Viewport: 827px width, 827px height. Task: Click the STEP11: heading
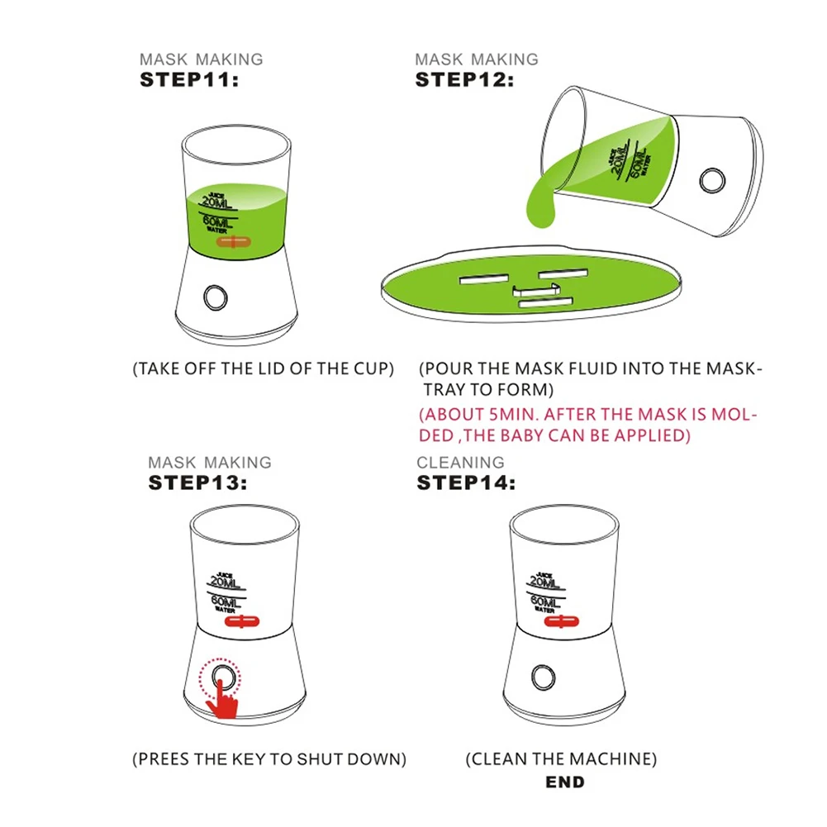189,80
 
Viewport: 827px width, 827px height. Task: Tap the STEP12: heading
464,80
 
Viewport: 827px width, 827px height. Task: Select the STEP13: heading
197,482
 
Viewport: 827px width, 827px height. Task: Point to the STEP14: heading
466,482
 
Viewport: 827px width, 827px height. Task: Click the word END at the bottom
565,782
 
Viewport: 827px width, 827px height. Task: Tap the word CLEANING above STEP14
460,463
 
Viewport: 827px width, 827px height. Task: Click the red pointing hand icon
224,700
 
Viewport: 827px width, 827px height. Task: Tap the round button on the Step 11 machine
215,298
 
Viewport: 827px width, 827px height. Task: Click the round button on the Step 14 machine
544,677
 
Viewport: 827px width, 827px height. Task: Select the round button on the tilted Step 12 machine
712,181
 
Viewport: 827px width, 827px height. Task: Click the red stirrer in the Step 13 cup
242,621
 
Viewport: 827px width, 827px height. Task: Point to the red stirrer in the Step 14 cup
561,621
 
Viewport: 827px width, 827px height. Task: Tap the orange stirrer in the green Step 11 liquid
234,242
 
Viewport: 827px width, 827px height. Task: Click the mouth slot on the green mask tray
546,302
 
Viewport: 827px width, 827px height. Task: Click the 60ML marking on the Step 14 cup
545,601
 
